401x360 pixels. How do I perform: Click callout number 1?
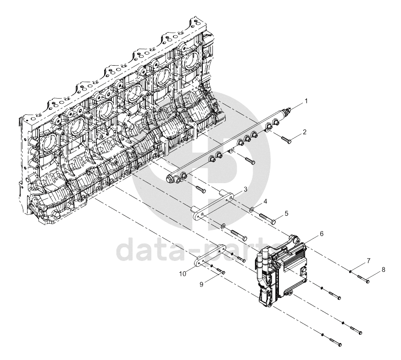tap(306, 101)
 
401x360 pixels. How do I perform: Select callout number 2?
tap(304, 132)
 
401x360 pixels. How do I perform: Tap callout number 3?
tap(245, 189)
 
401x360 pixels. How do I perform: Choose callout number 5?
tap(286, 213)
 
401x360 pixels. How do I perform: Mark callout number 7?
tap(368, 261)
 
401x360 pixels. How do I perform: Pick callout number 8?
tap(383, 270)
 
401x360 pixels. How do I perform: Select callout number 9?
tap(201, 284)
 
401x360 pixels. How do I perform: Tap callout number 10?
tap(183, 274)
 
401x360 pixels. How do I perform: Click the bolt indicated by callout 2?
tap(286, 140)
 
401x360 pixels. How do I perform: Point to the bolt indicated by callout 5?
tap(267, 219)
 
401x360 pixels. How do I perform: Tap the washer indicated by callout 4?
tap(252, 210)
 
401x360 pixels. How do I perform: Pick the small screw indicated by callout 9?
tap(221, 271)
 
